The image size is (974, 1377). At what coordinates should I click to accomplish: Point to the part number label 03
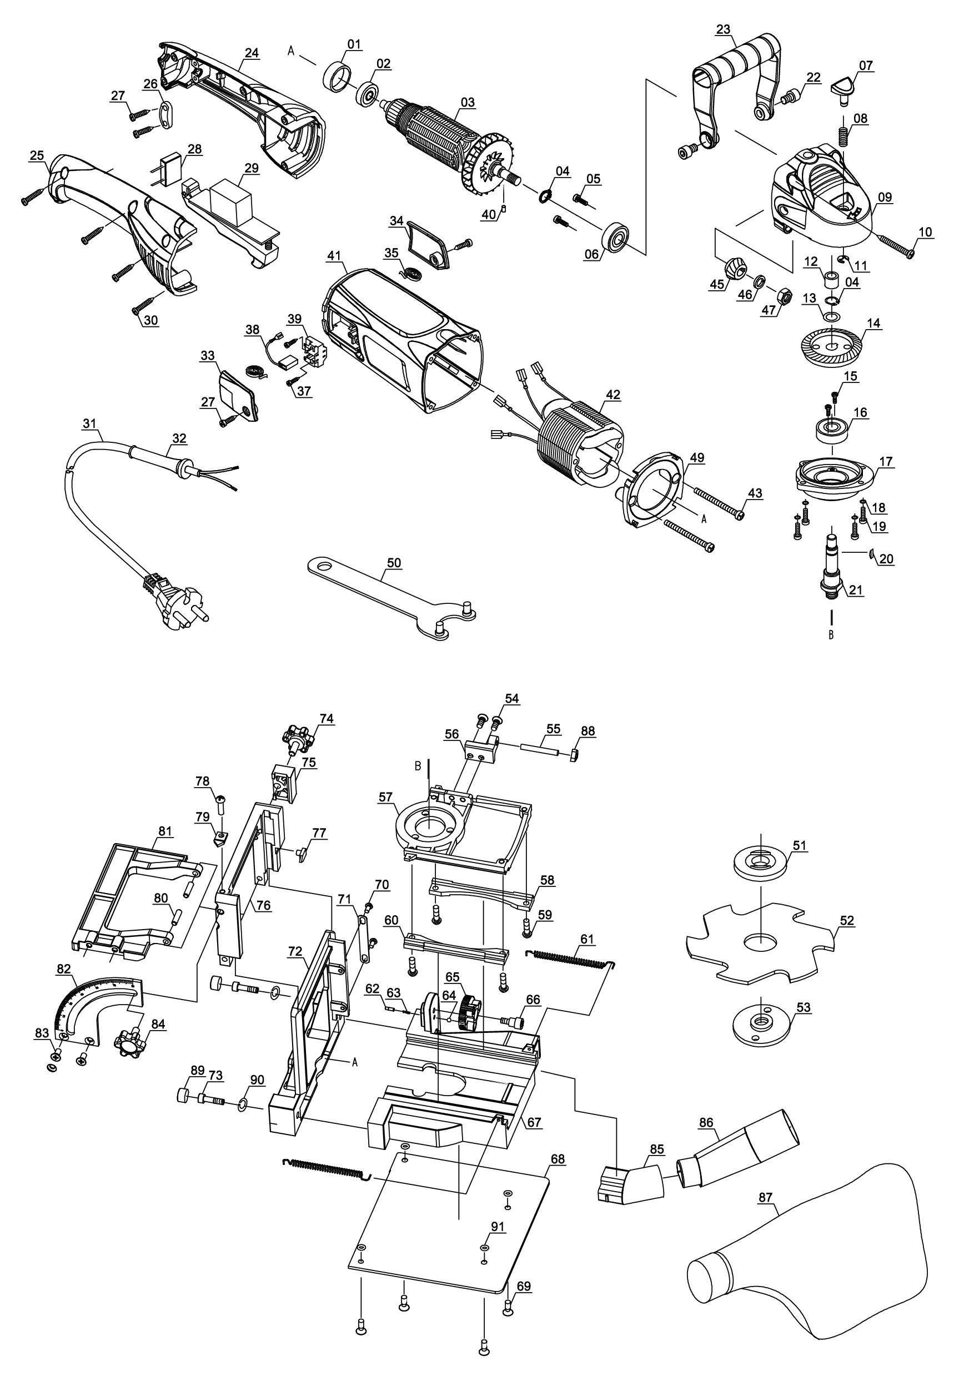[468, 103]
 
